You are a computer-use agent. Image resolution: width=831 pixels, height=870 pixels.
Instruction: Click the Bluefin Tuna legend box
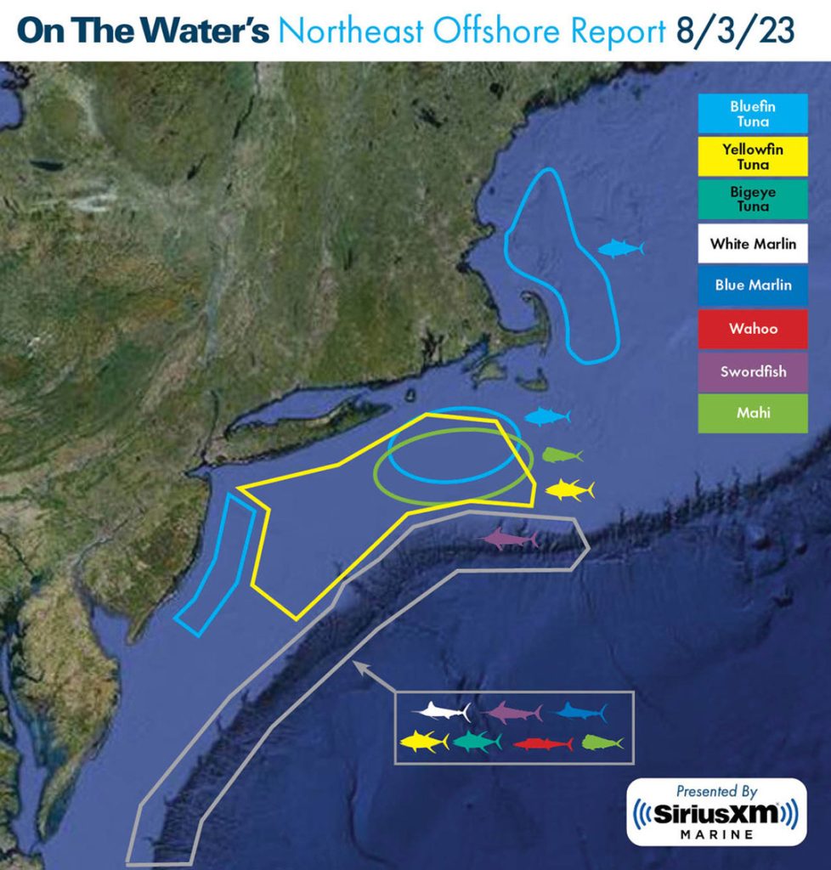(x=753, y=114)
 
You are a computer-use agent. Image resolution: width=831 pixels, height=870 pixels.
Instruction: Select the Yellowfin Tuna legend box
(x=753, y=155)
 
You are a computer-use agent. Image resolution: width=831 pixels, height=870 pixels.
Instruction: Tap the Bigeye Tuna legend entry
(x=753, y=200)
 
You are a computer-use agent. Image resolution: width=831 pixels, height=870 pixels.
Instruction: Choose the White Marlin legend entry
(x=753, y=244)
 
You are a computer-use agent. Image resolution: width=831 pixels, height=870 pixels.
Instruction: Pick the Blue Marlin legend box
(x=753, y=285)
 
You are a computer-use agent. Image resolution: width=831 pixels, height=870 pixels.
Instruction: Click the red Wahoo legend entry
(x=753, y=328)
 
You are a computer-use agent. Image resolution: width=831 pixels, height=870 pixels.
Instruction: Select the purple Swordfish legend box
(x=753, y=371)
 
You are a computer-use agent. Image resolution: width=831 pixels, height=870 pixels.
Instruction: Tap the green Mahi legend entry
(x=753, y=413)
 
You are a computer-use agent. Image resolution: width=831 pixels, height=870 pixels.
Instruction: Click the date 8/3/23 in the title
(x=736, y=31)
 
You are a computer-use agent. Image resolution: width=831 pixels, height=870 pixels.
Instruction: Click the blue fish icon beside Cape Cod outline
(x=620, y=248)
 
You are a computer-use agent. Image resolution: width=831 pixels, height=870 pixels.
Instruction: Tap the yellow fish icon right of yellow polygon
(x=569, y=489)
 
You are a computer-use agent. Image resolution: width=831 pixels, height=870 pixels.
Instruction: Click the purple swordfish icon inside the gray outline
(x=511, y=538)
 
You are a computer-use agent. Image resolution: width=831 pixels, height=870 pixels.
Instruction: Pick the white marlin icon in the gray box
(x=442, y=711)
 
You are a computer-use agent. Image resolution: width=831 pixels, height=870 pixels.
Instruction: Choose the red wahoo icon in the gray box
(x=543, y=743)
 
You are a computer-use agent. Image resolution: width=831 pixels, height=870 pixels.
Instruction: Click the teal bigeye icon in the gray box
(x=477, y=742)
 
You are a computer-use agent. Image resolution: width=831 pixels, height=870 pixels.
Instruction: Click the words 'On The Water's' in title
(x=143, y=31)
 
